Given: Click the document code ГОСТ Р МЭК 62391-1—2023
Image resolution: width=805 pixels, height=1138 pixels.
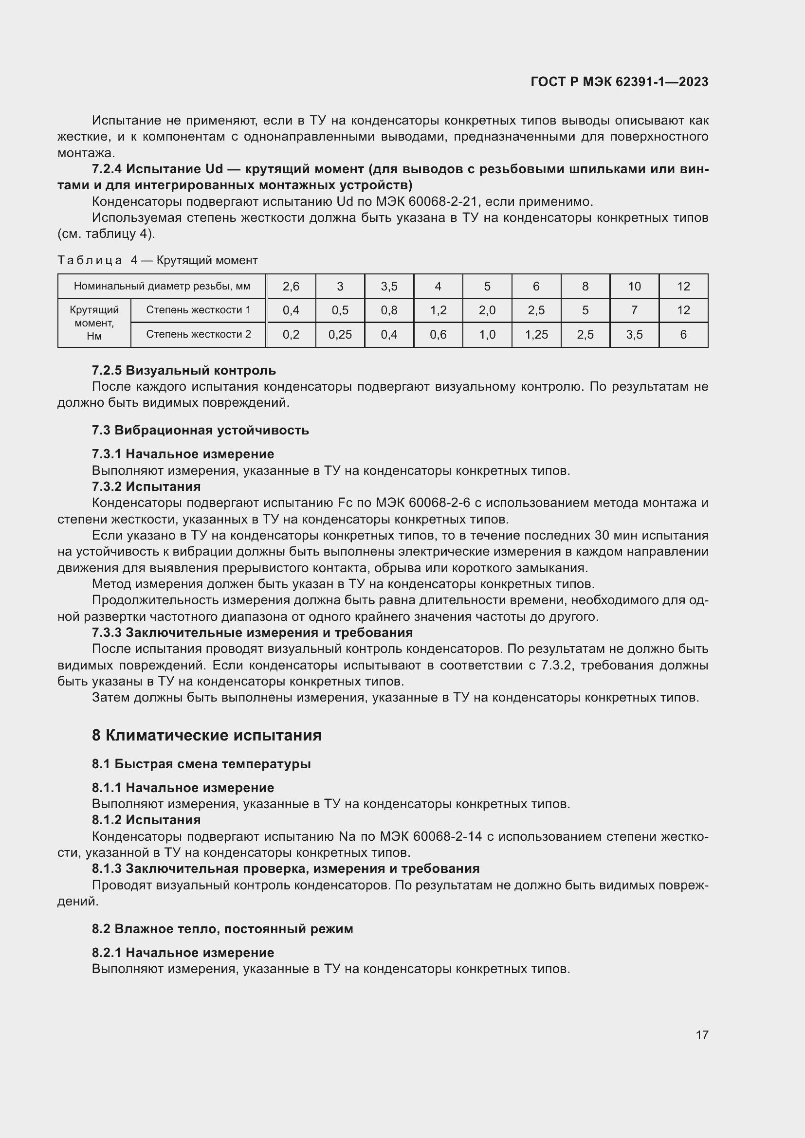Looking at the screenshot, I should tap(619, 82).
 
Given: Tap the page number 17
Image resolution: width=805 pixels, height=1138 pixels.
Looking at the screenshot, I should tap(701, 1035).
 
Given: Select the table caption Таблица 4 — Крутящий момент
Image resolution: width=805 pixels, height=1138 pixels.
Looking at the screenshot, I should tap(158, 260).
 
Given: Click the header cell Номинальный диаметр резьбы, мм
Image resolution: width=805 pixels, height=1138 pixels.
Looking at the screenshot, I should tap(162, 286).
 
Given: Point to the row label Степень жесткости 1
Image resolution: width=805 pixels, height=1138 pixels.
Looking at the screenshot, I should tap(198, 310).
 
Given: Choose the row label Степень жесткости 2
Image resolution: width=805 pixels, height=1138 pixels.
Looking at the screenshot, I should tap(198, 334).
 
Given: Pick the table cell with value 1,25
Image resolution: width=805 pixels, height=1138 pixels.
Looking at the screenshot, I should tap(536, 335).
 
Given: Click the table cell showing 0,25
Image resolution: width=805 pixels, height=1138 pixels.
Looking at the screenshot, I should tap(340, 335).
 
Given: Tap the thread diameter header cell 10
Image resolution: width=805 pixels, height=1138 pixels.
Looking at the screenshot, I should tap(635, 286).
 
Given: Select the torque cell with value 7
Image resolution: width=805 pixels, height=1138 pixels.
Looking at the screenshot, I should tap(635, 310).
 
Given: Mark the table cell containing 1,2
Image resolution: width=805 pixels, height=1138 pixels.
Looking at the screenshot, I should tap(438, 310).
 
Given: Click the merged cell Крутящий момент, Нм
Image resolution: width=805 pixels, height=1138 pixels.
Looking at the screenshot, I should tap(94, 323).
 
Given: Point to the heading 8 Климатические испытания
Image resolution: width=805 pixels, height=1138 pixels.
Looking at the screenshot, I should tap(207, 735).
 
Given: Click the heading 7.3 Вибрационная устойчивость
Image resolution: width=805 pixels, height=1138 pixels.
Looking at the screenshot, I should tap(200, 430).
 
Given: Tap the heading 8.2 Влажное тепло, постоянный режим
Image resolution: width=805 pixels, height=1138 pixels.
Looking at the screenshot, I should tap(222, 928).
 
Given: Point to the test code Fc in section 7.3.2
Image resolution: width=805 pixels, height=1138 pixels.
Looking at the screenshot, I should tap(345, 503).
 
